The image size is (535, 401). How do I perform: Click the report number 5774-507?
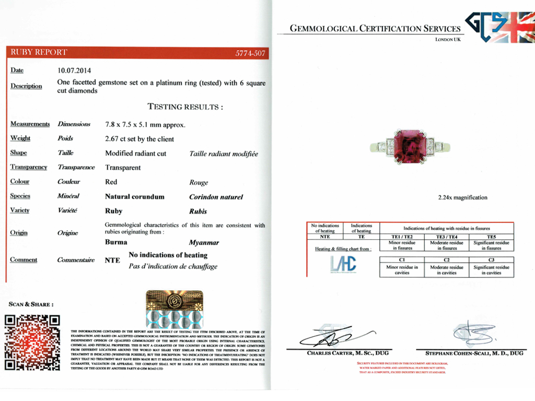click(250, 53)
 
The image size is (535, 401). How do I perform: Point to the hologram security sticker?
click(174, 309)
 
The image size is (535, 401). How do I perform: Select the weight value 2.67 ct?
click(118, 139)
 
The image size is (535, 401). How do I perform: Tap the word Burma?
click(116, 242)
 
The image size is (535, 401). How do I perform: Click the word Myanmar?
click(204, 243)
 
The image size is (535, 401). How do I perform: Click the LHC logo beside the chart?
click(343, 264)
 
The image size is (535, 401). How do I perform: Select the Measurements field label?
click(30, 124)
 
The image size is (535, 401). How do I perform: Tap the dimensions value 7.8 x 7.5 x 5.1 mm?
click(145, 125)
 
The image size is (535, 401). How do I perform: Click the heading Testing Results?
click(185, 107)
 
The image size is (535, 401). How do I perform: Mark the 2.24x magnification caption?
click(462, 197)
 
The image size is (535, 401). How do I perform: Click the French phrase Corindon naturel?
click(216, 197)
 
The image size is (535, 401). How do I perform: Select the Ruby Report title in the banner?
click(39, 52)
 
